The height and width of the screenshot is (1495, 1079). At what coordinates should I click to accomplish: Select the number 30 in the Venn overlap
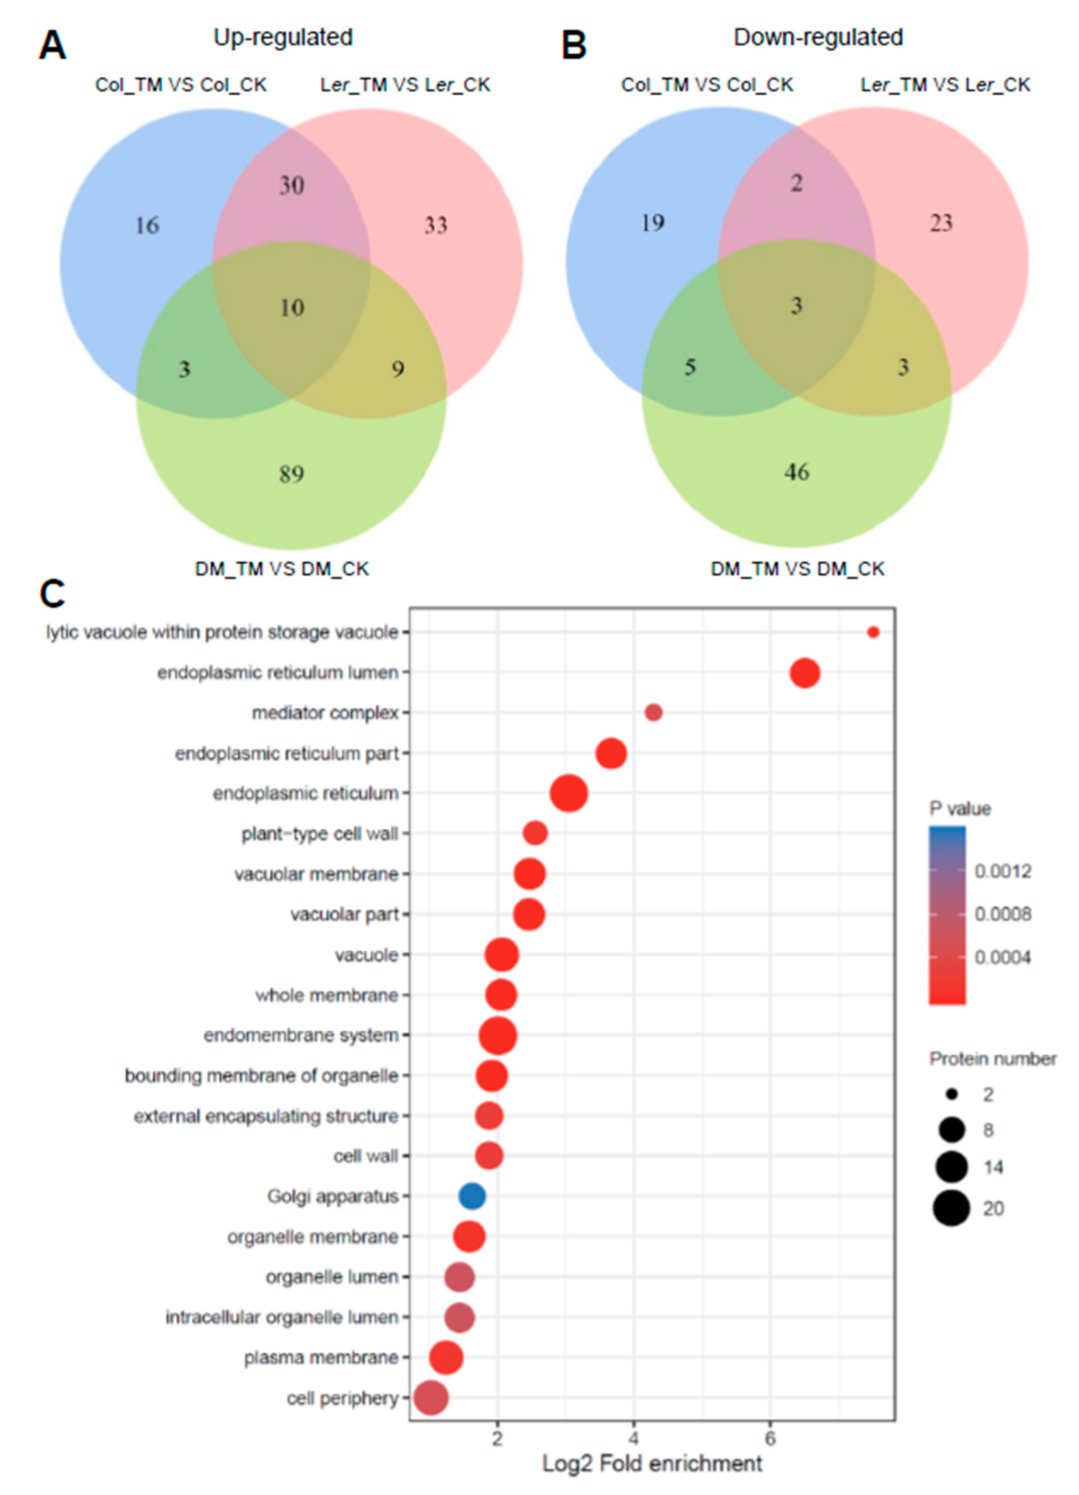pyautogui.click(x=291, y=185)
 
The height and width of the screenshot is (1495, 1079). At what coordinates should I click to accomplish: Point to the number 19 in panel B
pyautogui.click(x=653, y=223)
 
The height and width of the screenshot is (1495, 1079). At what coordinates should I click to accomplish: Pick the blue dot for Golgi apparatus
pyautogui.click(x=472, y=1196)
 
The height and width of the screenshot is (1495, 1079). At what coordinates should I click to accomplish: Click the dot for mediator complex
pyautogui.click(x=653, y=713)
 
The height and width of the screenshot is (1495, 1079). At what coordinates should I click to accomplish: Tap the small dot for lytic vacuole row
pyautogui.click(x=873, y=632)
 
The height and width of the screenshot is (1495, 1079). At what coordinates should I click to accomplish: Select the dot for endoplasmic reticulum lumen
pyautogui.click(x=805, y=673)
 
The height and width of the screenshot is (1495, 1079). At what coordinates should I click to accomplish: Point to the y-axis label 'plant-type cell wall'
pyautogui.click(x=320, y=834)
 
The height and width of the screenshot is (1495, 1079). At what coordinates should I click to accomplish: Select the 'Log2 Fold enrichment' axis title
pyautogui.click(x=652, y=1463)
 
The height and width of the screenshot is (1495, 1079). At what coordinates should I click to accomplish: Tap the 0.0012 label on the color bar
pyautogui.click(x=1002, y=871)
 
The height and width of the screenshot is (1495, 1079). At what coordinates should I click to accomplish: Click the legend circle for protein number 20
pyautogui.click(x=951, y=1208)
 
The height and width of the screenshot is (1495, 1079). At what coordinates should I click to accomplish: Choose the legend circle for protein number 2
pyautogui.click(x=951, y=1094)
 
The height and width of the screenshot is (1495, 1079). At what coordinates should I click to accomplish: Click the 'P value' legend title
pyautogui.click(x=960, y=809)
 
